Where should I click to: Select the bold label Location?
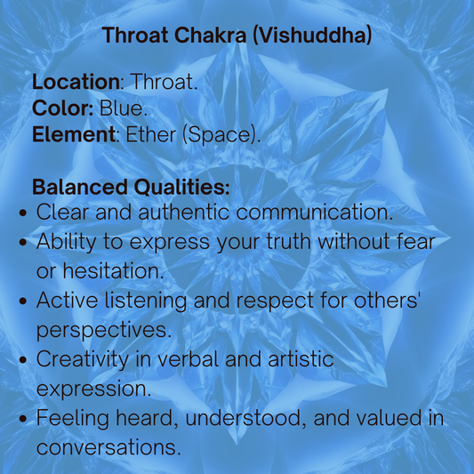(x=76, y=83)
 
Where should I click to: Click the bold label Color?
(x=63, y=109)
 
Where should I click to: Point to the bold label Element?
(x=73, y=136)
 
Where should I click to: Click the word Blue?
(x=129, y=109)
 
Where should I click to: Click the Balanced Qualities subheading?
(x=131, y=189)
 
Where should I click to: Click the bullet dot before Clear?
(x=24, y=214)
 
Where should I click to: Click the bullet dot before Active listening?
(x=24, y=301)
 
